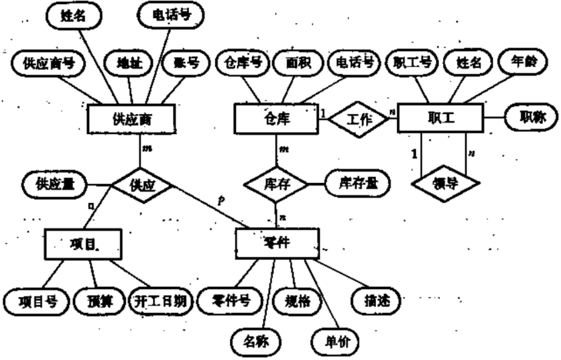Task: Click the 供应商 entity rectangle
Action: pos(131,120)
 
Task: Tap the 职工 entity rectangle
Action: pos(440,119)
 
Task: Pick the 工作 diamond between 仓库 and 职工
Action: pos(360,120)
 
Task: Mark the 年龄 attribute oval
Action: pos(526,64)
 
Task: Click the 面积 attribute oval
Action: pos(299,64)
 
